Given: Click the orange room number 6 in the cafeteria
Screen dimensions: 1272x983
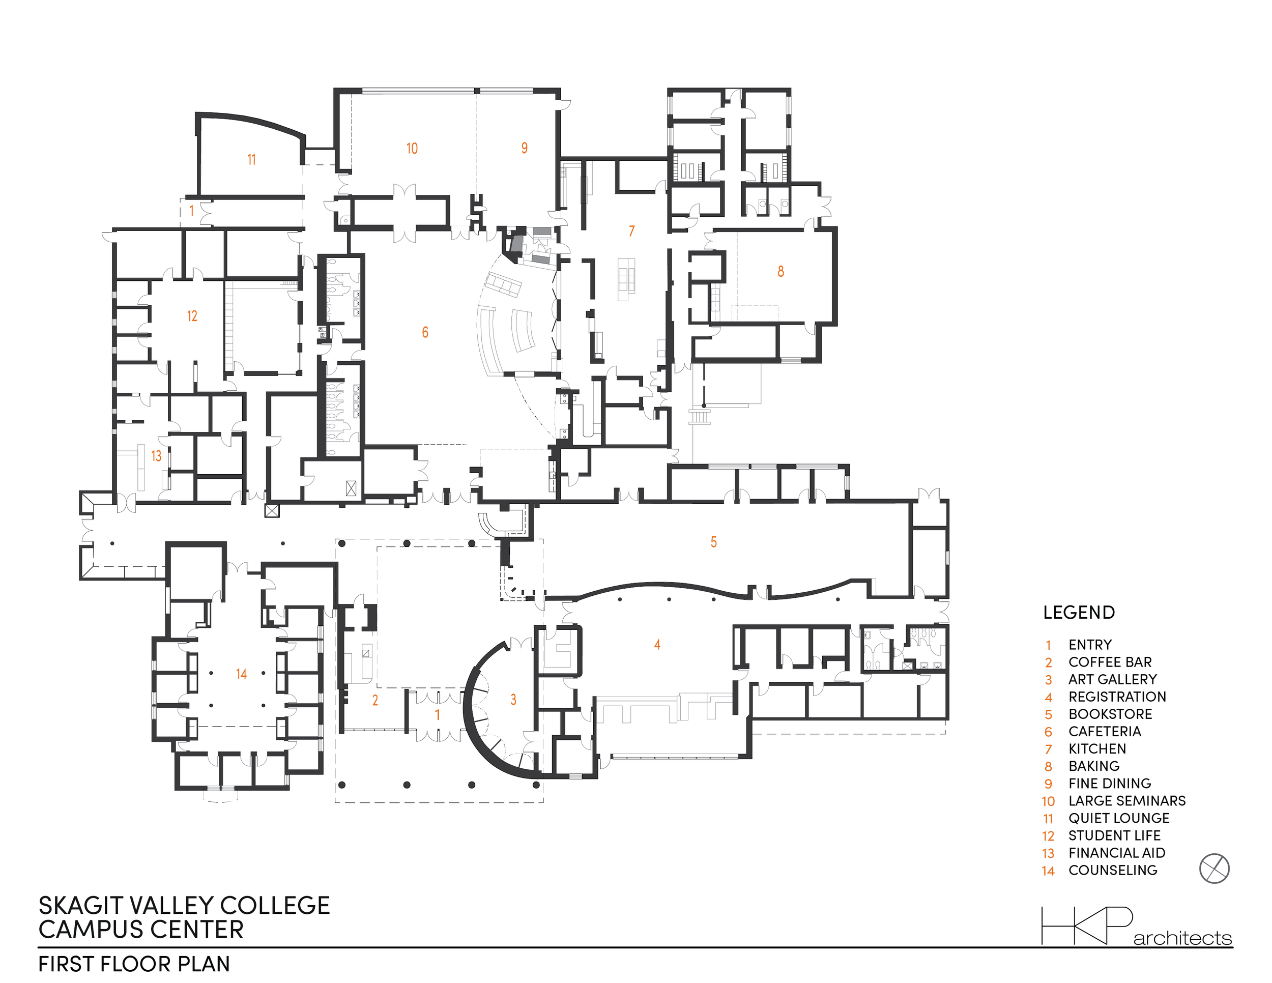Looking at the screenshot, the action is (425, 333).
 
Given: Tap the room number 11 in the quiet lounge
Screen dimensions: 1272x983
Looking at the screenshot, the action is (252, 160).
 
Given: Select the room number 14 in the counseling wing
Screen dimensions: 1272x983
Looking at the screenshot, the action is (241, 674).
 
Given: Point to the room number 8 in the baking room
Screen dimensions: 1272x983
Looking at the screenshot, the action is (780, 271).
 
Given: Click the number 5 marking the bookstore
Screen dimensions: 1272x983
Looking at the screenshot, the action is (713, 542).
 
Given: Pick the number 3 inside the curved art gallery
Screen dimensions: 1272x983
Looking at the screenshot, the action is (513, 700).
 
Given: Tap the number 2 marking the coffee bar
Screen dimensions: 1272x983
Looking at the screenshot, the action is (375, 700).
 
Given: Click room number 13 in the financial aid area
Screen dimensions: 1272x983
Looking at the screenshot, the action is (156, 456).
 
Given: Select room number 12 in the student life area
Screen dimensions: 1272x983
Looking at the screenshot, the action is (192, 316).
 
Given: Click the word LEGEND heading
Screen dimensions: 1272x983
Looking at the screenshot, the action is (1079, 613).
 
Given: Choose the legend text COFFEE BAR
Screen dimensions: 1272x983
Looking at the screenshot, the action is (1110, 662).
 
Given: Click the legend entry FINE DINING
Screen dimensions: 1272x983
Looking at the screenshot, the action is (1110, 783).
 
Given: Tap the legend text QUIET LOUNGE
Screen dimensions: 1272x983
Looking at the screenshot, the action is (1119, 818).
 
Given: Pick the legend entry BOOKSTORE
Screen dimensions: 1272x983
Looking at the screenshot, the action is (1110, 714).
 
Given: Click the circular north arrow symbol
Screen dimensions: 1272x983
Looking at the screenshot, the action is (1215, 869).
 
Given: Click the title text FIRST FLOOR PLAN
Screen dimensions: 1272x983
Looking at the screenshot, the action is (134, 964).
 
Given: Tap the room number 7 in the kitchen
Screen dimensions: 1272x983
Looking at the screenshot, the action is (631, 231).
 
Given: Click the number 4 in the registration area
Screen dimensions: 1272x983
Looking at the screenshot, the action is (657, 645).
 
